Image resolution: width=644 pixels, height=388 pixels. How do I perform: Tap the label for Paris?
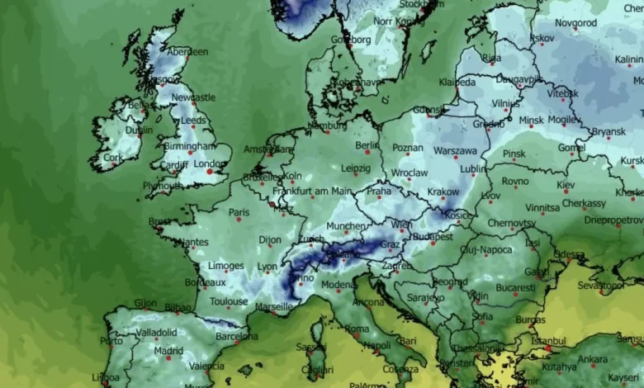(239, 212)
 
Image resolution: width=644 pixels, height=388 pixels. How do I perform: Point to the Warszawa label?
(455, 151)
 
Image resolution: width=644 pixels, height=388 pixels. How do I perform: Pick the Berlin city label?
(367, 144)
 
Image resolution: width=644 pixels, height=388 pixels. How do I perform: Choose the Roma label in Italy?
(357, 329)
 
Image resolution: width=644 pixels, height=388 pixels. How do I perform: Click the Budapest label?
(433, 236)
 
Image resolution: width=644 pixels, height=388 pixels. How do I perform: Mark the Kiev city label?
(566, 185)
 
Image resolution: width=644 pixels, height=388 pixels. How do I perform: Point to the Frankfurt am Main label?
(307, 192)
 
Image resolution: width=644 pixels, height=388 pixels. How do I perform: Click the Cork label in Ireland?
(112, 157)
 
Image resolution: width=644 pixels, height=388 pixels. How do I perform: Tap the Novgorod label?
(575, 23)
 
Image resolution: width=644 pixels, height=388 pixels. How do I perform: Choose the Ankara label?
(592, 359)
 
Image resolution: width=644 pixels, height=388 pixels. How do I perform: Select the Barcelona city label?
(236, 336)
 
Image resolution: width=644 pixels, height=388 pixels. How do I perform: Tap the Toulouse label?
(228, 301)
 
